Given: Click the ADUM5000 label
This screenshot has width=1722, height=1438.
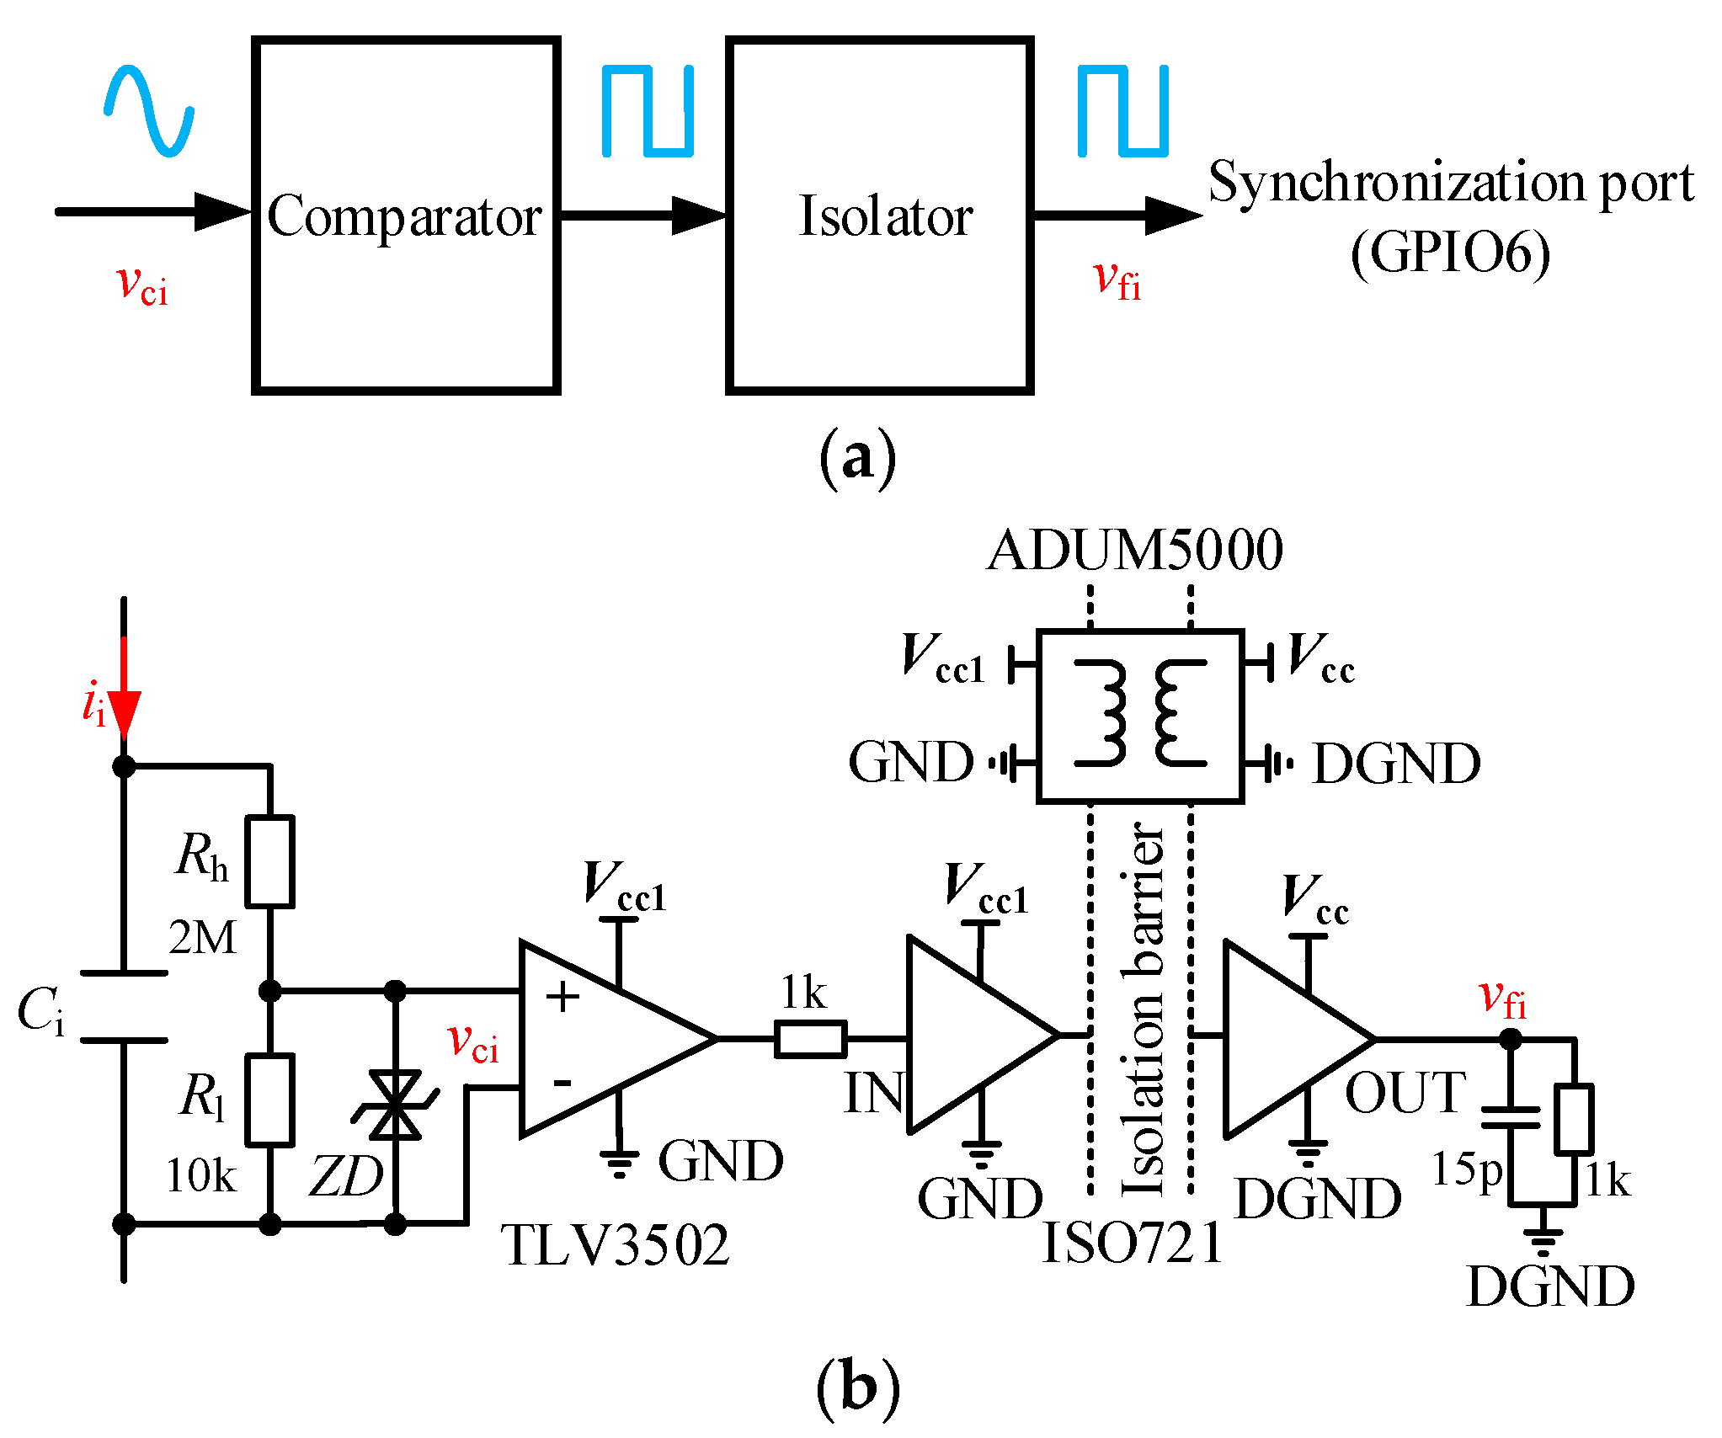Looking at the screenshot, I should point(1134,550).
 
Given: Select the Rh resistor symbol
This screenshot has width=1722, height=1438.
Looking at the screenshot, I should point(269,861).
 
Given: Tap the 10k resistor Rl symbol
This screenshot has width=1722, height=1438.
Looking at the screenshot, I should point(269,1100).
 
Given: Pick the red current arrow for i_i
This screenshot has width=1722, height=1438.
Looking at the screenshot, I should point(124,690).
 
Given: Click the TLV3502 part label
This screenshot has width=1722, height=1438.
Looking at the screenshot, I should point(615,1245).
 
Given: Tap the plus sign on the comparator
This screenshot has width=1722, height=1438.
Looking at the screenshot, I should point(562,998).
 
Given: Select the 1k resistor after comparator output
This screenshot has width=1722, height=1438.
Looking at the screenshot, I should point(810,1039).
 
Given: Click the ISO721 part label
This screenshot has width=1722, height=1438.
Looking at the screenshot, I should point(1132,1243).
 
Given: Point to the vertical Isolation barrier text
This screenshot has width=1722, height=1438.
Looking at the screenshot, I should point(1142,1010).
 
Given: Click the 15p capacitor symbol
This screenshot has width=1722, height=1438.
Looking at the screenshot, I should point(1511,1117).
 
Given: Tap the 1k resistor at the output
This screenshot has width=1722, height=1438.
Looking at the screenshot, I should point(1573,1119).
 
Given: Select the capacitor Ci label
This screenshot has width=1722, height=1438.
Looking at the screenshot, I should point(40,1010).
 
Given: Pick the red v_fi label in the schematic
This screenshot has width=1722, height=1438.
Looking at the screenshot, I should point(1502,999).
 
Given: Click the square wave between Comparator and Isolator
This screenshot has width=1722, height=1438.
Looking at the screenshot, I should point(647,111).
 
